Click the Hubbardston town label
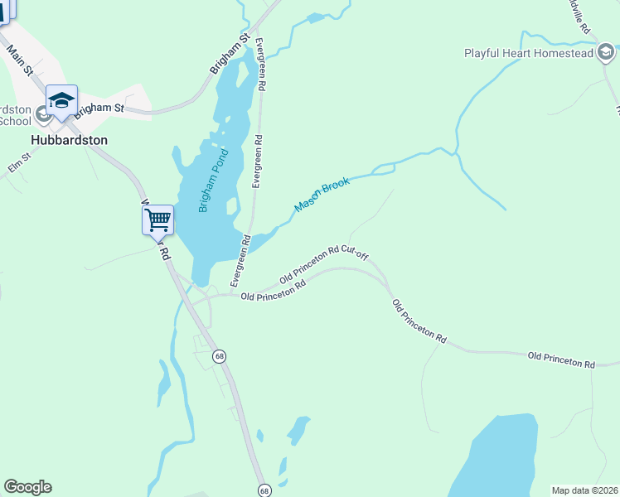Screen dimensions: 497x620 [x=70, y=140]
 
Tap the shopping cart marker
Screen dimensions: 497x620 [x=157, y=221]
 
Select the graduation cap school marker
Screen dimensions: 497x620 [x=61, y=101]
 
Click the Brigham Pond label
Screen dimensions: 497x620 [x=212, y=186]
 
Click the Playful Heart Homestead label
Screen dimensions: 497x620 [x=528, y=54]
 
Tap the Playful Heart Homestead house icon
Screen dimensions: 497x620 [x=606, y=54]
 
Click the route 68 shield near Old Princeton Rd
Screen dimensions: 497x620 [x=219, y=356]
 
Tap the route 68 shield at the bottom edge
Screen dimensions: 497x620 [x=264, y=490]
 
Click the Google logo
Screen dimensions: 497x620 [x=27, y=487]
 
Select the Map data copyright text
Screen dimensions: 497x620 [x=584, y=490]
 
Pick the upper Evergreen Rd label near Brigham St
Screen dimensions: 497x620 [x=261, y=64]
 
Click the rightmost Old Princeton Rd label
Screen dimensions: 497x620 [x=561, y=360]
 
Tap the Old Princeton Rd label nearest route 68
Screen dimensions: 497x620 [x=274, y=292]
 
